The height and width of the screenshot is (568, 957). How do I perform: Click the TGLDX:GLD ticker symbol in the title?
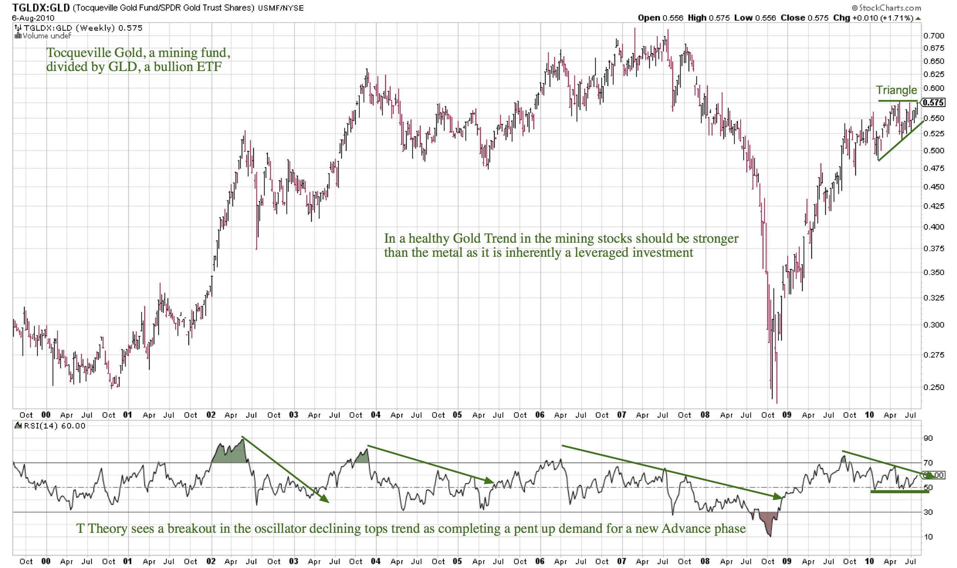(41, 8)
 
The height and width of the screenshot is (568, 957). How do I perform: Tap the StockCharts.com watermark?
(886, 8)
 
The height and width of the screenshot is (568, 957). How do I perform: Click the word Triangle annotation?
(896, 90)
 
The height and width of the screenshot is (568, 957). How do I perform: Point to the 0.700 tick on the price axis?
(933, 36)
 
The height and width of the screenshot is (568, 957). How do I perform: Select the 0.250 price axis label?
(933, 387)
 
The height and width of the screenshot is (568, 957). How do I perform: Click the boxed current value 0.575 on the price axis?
(933, 102)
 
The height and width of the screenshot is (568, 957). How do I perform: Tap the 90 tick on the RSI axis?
(928, 438)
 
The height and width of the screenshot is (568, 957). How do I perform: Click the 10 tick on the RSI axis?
(928, 537)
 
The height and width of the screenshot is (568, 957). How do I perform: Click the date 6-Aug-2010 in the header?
(33, 18)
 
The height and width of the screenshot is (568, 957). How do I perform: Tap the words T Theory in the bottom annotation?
(102, 528)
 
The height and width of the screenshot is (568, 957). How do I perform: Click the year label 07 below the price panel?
(621, 415)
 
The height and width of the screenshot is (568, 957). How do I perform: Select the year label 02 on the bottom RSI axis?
(211, 561)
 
